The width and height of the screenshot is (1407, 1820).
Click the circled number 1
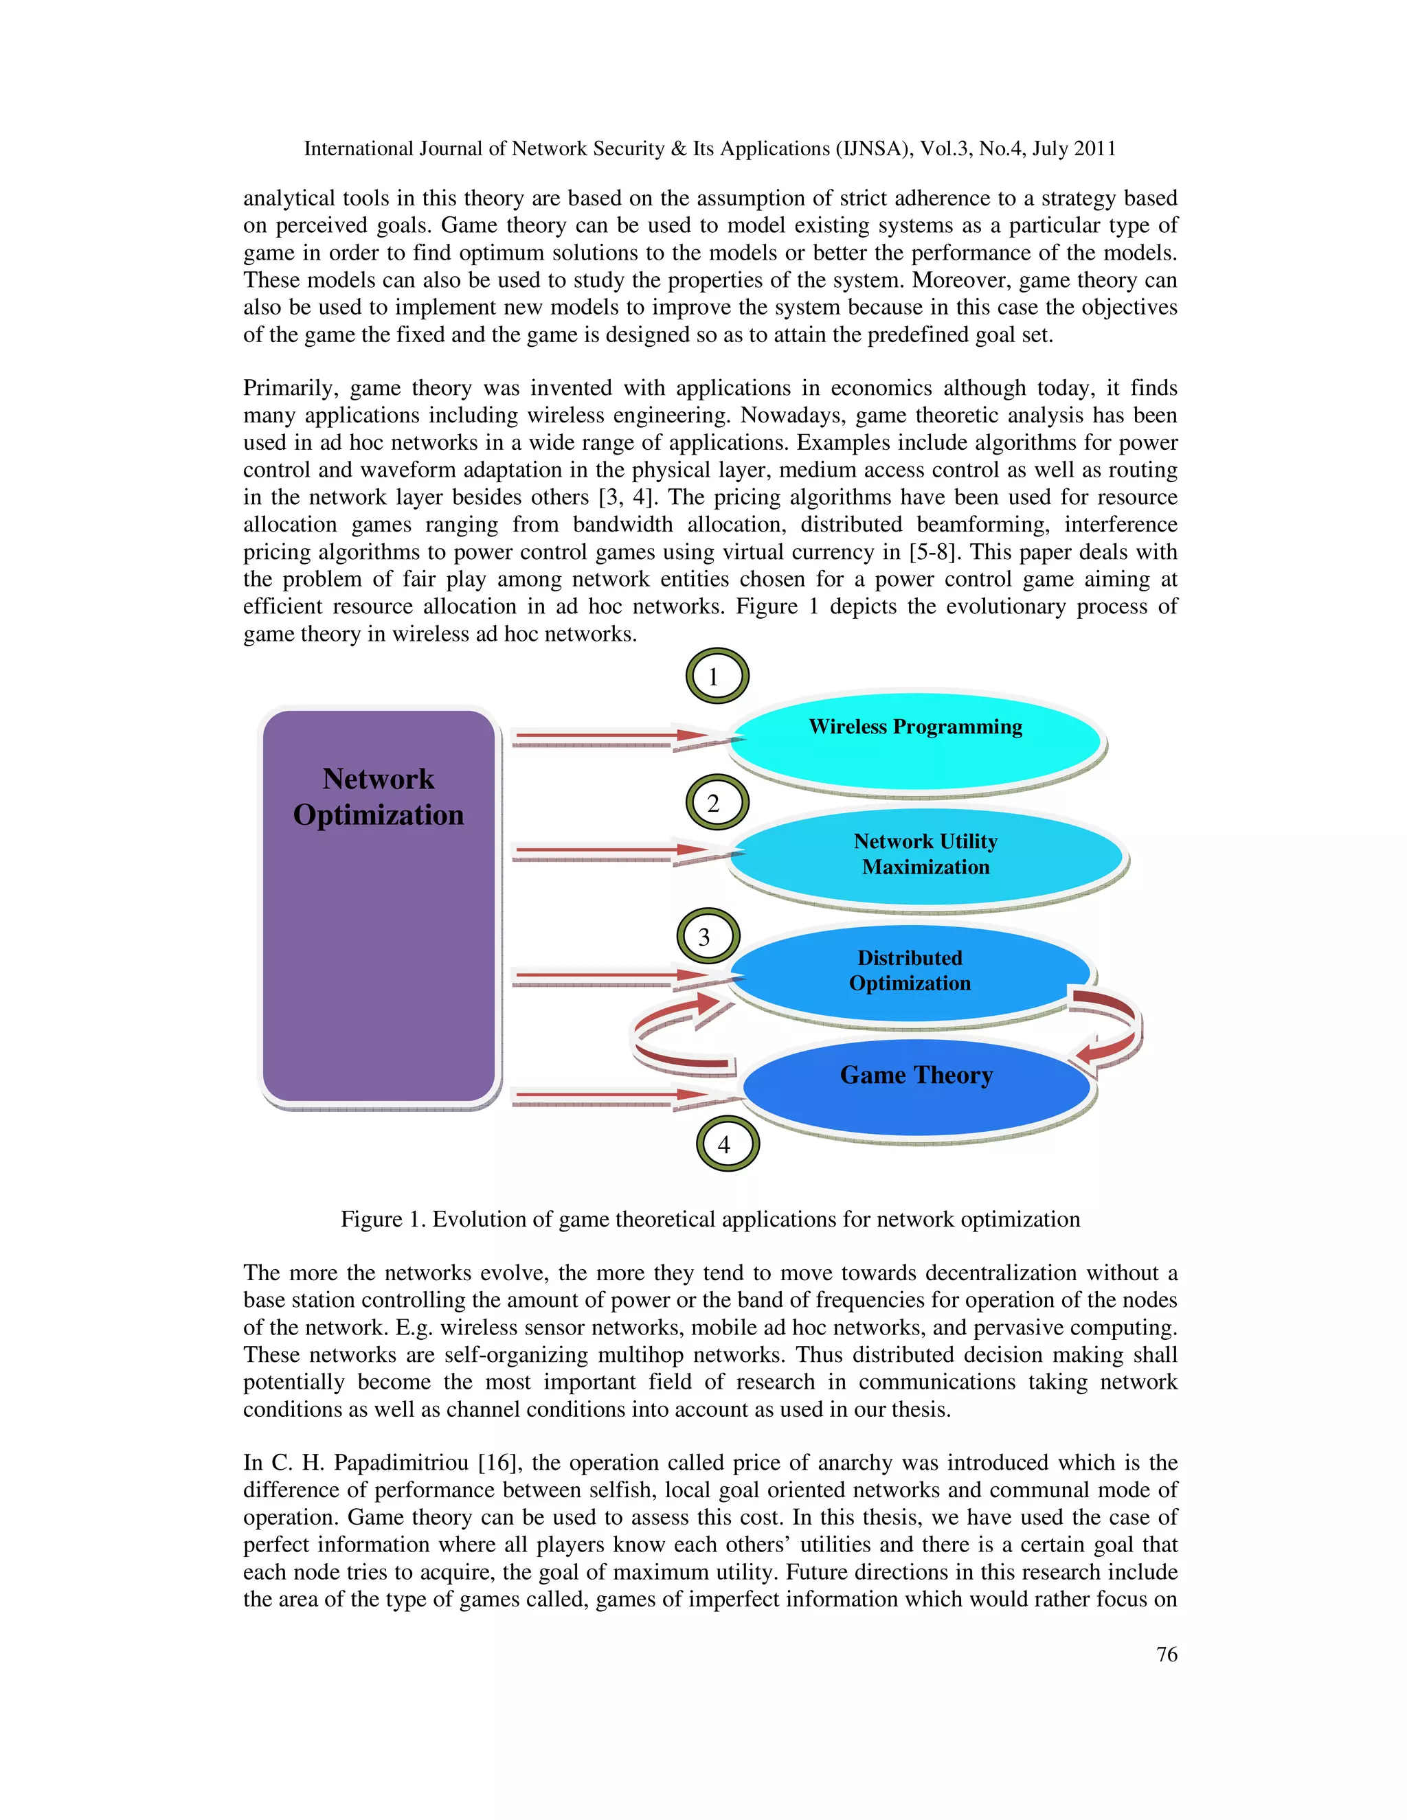pos(716,676)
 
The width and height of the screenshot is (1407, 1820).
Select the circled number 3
pos(707,936)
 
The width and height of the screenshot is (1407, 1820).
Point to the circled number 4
pos(726,1144)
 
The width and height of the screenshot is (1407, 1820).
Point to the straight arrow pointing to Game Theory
pos(617,1096)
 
